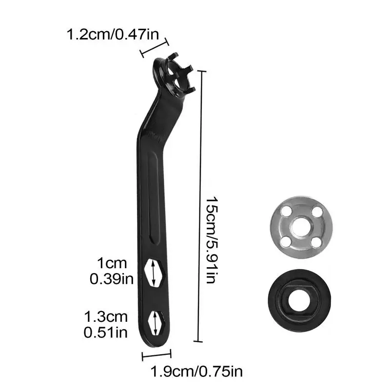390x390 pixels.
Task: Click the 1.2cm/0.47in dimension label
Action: pyautogui.click(x=113, y=34)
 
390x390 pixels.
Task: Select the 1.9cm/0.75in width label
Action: pyautogui.click(x=196, y=371)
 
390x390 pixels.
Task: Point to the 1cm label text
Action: pyautogui.click(x=112, y=263)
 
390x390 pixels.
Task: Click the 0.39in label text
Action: pyautogui.click(x=112, y=279)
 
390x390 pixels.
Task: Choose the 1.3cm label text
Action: pyautogui.click(x=106, y=317)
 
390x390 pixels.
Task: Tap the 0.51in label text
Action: pyautogui.click(x=106, y=332)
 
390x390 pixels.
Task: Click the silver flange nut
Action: pyautogui.click(x=301, y=227)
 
